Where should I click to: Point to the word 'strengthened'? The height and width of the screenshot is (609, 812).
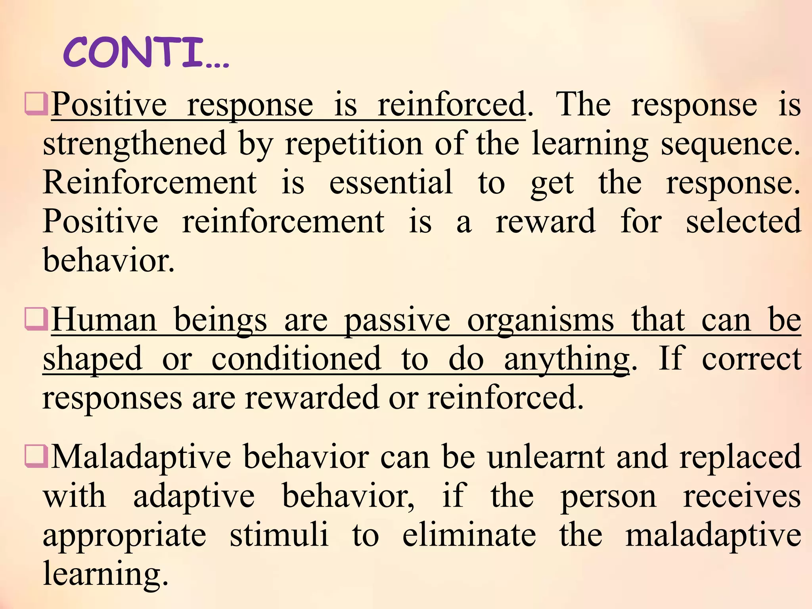134,144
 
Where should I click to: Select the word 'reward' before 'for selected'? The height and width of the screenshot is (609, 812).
546,221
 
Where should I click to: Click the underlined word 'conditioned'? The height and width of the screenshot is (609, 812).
296,359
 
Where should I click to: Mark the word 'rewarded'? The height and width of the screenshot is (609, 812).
311,398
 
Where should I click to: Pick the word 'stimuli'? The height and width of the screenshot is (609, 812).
279,535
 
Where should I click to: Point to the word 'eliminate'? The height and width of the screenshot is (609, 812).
469,535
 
